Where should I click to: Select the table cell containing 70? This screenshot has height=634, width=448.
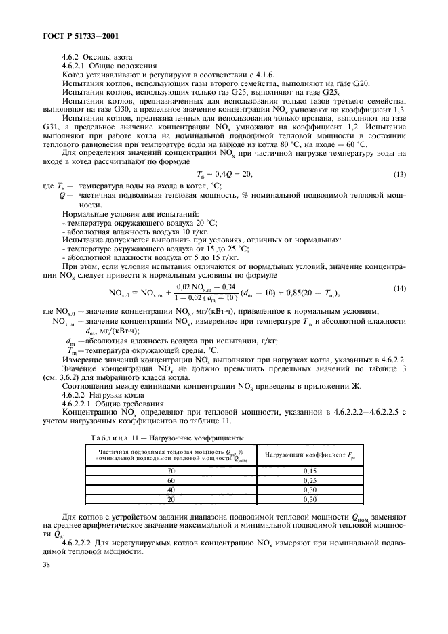pyautogui.click(x=171, y=470)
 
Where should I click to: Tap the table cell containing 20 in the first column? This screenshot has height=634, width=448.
pyautogui.click(x=171, y=499)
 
